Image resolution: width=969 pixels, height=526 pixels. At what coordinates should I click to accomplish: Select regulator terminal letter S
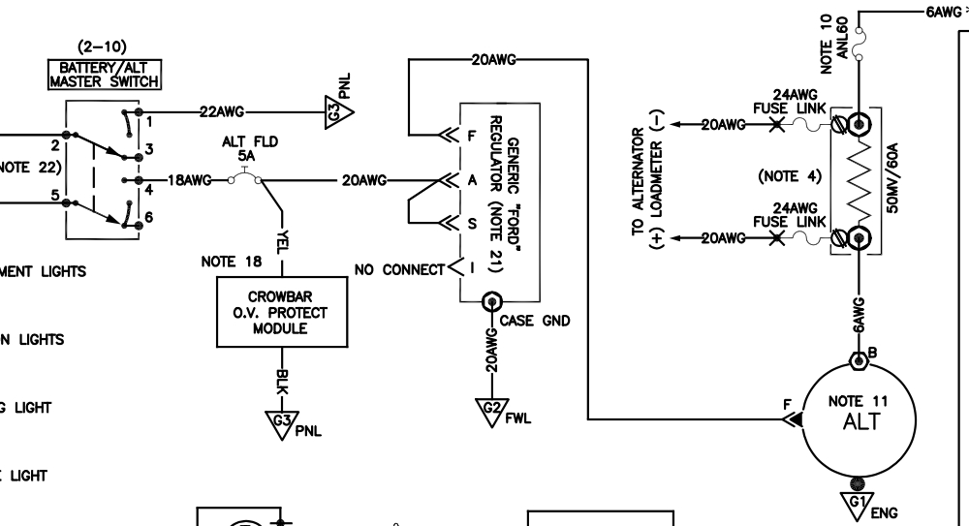click(472, 224)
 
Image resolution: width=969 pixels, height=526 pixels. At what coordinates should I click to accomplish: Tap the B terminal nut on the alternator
click(857, 359)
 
